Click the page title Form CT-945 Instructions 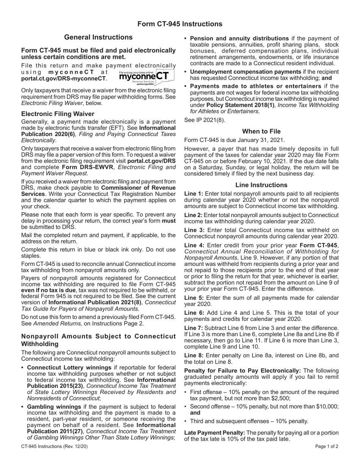(180, 24)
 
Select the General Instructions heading (98, 37)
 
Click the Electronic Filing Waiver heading (58, 114)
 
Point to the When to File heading (261, 131)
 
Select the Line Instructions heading (261, 185)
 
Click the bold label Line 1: (194, 194)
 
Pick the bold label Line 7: (194, 328)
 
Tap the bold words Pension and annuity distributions (239, 38)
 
